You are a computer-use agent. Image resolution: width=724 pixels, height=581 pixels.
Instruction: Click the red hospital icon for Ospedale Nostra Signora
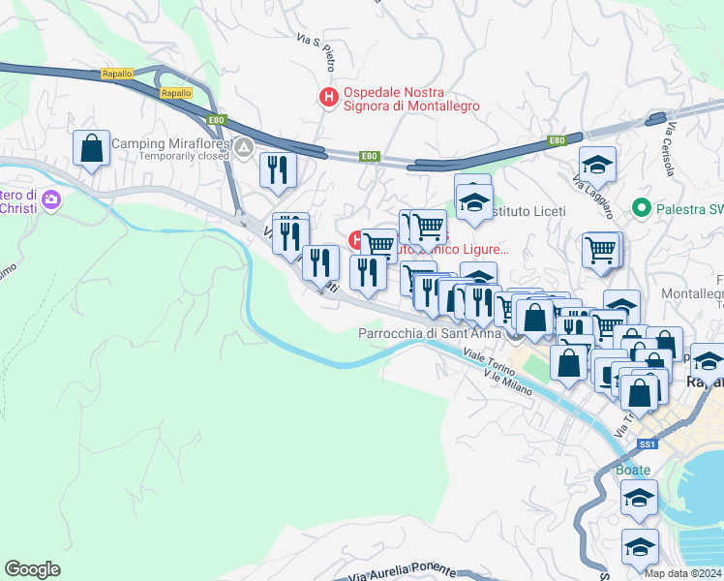tap(328, 97)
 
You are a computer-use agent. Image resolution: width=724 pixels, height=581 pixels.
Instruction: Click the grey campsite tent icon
tap(243, 148)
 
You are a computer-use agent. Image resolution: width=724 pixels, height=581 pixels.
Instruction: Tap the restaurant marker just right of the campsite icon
tap(278, 169)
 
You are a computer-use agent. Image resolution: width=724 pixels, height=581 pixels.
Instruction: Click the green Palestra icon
tap(640, 207)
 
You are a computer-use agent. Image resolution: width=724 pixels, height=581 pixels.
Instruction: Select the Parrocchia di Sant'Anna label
tap(430, 333)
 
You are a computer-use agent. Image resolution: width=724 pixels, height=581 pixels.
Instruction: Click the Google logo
tap(32, 569)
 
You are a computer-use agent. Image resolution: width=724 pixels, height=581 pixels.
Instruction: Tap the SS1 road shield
tap(648, 443)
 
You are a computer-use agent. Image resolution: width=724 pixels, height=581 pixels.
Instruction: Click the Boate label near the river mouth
tap(633, 471)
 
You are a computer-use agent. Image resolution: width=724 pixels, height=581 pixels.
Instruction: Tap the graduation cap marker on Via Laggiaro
tap(598, 164)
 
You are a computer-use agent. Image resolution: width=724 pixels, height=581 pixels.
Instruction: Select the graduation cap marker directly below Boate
tap(640, 499)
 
